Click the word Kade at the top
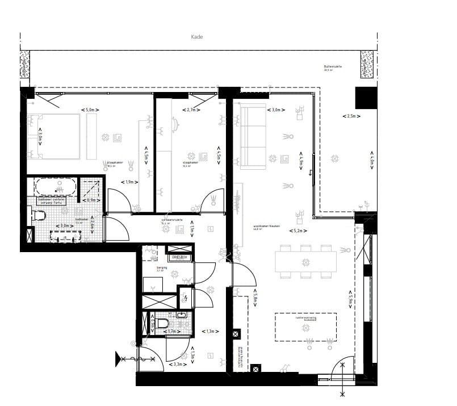point(197,37)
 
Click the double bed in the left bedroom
point(54,136)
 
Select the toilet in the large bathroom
point(38,215)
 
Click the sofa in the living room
point(253,137)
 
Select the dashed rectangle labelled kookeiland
point(305,327)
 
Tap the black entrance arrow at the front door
point(120,359)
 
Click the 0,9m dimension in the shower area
point(90,200)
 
